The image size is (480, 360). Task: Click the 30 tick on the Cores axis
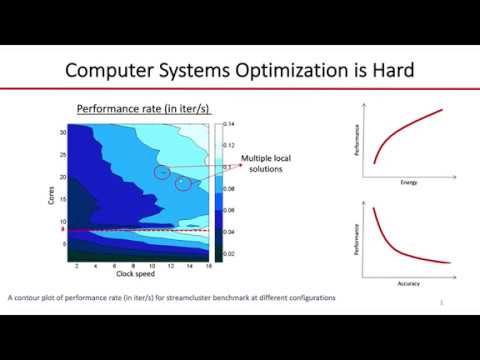pos(62,132)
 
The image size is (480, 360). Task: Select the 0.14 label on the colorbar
pos(229,123)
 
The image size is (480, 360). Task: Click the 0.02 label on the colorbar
pos(229,254)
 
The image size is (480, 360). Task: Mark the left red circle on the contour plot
pos(162,173)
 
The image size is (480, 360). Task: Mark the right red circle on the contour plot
pos(183,184)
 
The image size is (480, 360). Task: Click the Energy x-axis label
pos(407,183)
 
